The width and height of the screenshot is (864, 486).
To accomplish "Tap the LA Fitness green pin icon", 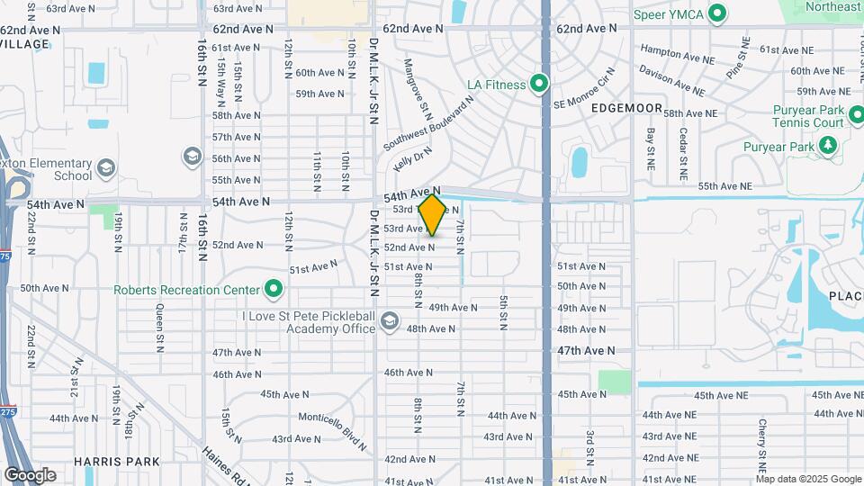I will click(539, 85).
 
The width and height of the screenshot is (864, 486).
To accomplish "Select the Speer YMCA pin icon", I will click(717, 13).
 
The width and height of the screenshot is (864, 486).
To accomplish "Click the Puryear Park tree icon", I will click(827, 146).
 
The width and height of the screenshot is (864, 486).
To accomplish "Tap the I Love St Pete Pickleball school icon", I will click(390, 321).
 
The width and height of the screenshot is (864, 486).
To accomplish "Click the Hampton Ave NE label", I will click(675, 58).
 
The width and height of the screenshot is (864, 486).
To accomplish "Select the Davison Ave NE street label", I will click(672, 80).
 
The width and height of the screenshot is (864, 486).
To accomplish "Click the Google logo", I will click(30, 474).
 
